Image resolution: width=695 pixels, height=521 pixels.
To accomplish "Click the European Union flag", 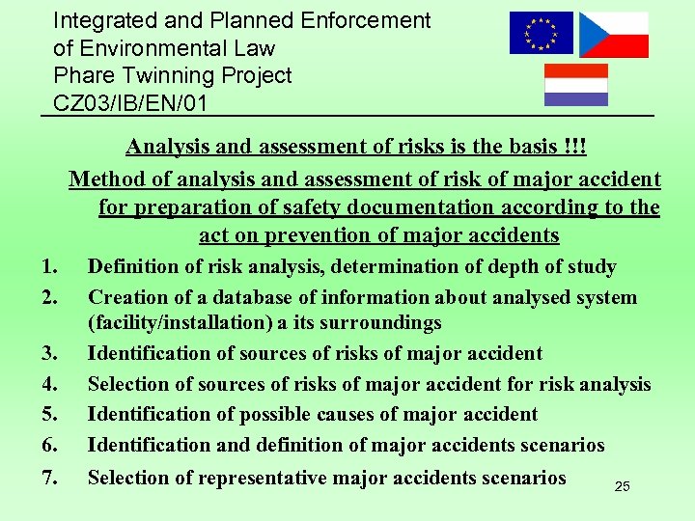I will (x=541, y=33).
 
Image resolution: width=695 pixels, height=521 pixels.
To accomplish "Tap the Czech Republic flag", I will (x=613, y=35).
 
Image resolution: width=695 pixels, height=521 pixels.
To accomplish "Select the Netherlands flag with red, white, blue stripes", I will (x=576, y=85).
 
